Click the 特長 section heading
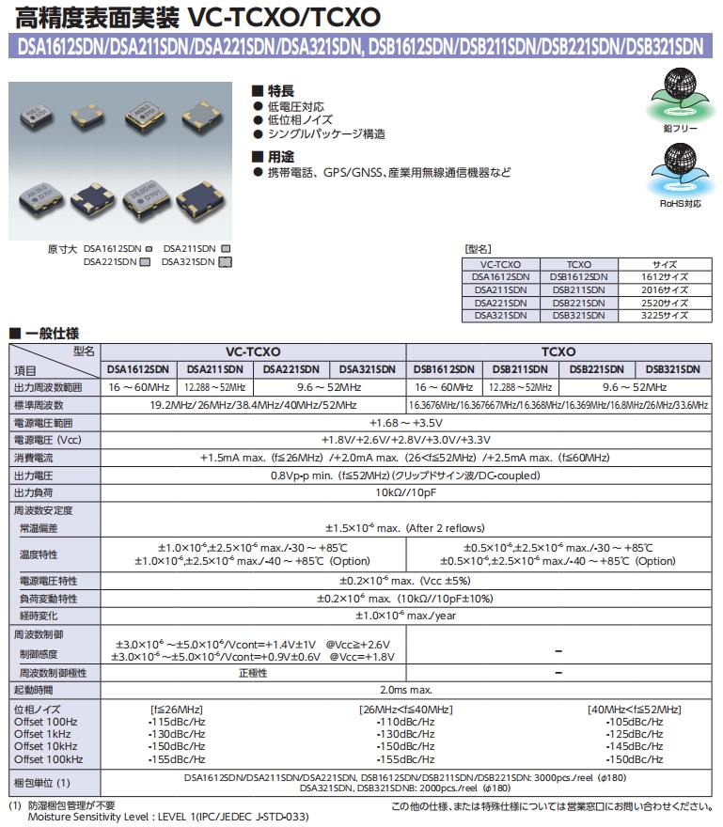[280, 91]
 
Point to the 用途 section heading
[280, 156]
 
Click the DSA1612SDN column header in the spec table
[138, 369]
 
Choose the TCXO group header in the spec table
[559, 351]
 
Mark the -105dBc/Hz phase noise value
[636, 722]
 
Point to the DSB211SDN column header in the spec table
[521, 369]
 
